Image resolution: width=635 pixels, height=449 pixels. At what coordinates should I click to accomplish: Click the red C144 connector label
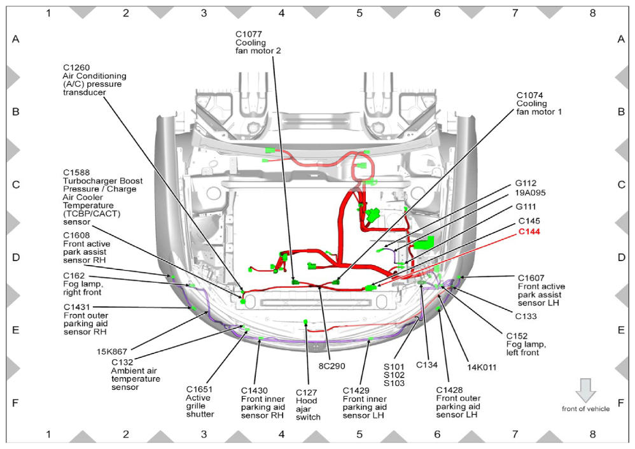(529, 232)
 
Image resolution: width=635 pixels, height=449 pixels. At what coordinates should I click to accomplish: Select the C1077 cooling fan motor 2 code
(249, 34)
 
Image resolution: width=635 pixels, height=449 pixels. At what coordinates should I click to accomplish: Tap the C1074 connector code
(530, 96)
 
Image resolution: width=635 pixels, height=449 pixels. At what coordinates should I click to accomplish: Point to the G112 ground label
(526, 183)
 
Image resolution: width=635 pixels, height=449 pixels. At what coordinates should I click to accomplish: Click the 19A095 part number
(530, 193)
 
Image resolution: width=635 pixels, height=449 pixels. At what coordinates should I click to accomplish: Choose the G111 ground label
(526, 207)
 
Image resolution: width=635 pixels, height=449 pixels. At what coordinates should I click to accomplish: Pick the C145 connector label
(529, 221)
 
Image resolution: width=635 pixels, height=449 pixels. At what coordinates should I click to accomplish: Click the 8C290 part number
(331, 366)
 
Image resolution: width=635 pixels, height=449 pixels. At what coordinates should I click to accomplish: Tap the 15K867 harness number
(112, 352)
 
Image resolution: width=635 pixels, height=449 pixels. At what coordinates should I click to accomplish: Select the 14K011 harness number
(482, 367)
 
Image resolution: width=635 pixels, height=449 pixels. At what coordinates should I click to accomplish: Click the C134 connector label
(427, 365)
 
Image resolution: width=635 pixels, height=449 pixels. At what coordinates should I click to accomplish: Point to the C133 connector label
(526, 316)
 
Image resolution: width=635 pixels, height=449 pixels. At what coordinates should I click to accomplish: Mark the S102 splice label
(394, 375)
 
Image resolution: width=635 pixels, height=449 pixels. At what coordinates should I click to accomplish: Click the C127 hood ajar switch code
(306, 392)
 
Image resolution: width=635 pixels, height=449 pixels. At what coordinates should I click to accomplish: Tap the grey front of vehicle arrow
(585, 390)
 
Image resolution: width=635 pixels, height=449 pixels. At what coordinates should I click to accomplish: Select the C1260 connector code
(76, 68)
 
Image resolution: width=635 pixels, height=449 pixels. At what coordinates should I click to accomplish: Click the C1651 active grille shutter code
(199, 389)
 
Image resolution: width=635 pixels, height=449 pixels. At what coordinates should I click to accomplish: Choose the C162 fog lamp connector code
(74, 276)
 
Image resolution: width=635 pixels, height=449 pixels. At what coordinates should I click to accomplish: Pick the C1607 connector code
(531, 278)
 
